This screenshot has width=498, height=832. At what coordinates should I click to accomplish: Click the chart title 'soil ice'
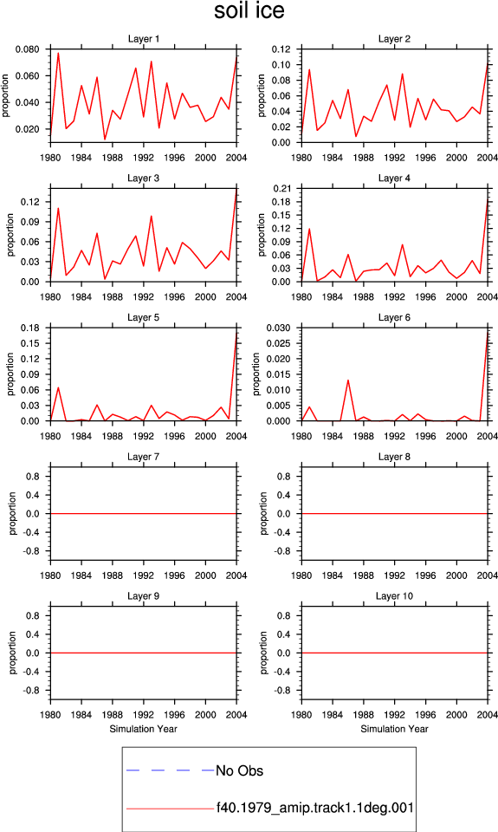(x=249, y=10)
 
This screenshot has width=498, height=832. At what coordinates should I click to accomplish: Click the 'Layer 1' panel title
(x=143, y=39)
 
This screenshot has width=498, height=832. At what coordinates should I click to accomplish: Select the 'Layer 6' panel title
(x=394, y=317)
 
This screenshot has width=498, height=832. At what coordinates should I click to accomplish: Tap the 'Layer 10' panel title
(x=394, y=596)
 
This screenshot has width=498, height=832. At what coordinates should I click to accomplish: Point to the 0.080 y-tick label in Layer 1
(x=27, y=49)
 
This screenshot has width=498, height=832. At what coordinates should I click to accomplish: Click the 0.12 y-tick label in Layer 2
(x=281, y=49)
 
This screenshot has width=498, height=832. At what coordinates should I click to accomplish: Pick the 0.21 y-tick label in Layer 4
(x=281, y=188)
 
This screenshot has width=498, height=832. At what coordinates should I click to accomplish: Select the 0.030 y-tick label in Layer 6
(x=278, y=328)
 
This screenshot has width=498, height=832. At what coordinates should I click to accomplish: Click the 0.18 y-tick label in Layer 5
(x=30, y=328)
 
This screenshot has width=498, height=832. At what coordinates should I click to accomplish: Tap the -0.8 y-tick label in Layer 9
(x=31, y=691)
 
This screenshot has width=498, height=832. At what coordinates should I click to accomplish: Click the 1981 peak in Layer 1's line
(x=58, y=53)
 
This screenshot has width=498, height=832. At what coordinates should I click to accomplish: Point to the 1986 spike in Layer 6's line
(x=348, y=380)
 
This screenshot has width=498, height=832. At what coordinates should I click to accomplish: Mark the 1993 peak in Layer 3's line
(x=152, y=216)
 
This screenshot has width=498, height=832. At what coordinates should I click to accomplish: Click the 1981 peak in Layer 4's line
(x=309, y=229)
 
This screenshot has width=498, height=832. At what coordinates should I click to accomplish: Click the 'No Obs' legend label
(x=239, y=770)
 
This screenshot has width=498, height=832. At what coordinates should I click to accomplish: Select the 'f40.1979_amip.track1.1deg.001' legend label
(x=315, y=808)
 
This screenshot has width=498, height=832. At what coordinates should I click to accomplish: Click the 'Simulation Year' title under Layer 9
(x=143, y=729)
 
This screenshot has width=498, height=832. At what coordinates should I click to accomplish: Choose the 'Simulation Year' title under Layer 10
(x=394, y=729)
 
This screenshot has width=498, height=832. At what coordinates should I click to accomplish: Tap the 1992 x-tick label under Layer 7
(x=143, y=575)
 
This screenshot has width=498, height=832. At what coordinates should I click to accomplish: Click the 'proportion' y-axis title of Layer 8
(x=263, y=513)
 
